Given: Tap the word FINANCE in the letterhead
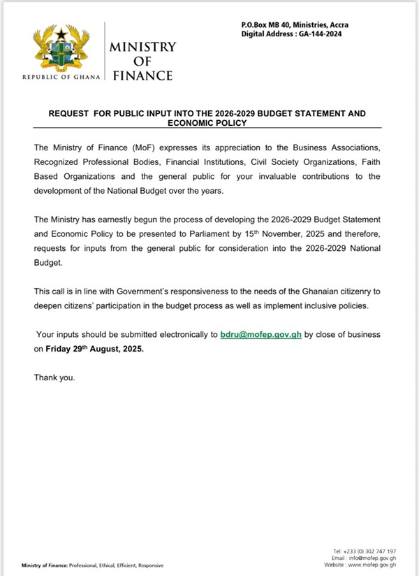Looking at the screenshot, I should click(x=142, y=75).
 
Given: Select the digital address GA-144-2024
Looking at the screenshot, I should click(x=329, y=34).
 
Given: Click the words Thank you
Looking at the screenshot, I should click(x=54, y=377).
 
